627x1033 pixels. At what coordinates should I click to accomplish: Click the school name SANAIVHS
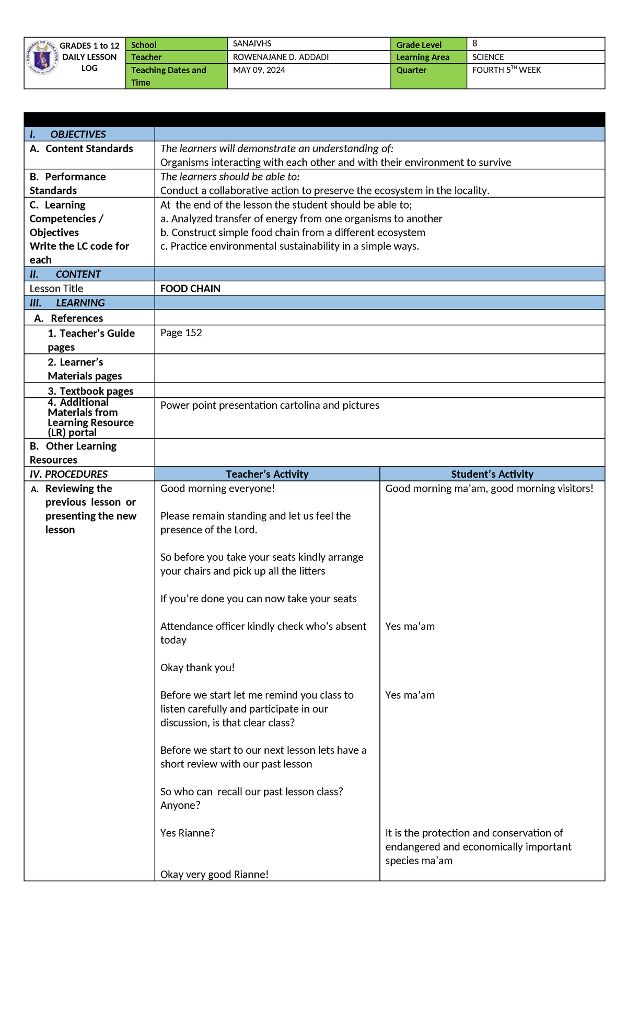click(x=252, y=44)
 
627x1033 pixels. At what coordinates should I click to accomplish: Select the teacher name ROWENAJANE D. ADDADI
click(x=281, y=57)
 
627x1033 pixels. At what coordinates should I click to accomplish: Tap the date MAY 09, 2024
click(x=259, y=70)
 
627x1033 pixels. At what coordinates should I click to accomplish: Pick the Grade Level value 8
click(x=474, y=43)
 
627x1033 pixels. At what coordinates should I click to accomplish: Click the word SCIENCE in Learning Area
click(x=488, y=57)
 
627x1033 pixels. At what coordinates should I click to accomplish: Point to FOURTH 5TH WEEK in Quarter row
click(x=506, y=70)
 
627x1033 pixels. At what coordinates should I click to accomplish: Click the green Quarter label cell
click(x=428, y=76)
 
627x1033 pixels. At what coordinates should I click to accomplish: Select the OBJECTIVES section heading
click(x=78, y=134)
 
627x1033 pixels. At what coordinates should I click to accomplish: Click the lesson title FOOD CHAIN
click(x=190, y=289)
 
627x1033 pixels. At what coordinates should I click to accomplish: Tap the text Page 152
click(x=181, y=333)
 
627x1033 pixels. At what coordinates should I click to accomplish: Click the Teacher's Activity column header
click(x=267, y=474)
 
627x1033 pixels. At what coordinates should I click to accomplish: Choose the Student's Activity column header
click(x=492, y=474)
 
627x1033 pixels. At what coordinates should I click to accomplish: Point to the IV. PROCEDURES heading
click(x=68, y=474)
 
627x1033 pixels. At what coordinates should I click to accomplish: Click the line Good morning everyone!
click(x=217, y=488)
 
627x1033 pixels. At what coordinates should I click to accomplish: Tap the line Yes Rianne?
click(x=188, y=833)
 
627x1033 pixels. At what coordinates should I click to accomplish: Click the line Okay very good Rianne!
click(x=214, y=874)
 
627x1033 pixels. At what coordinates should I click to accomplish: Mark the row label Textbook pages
click(x=91, y=391)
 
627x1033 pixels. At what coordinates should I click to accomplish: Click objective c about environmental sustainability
click(x=289, y=246)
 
